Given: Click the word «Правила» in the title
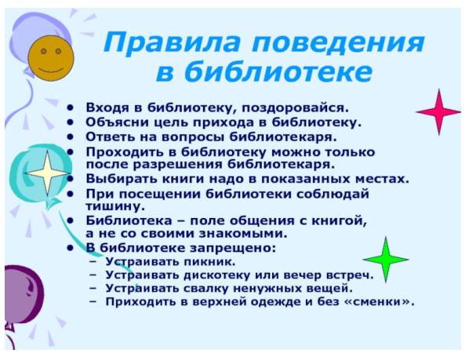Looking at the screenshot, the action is tap(172, 43).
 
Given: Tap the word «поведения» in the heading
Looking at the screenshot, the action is tap(338, 42).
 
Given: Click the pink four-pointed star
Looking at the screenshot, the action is tap(438, 112).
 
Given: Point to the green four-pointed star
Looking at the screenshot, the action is tap(386, 260).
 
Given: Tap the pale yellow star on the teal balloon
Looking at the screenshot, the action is tap(48, 173).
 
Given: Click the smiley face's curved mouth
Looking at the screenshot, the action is tap(51, 71).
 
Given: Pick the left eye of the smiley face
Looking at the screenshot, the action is tap(44, 51).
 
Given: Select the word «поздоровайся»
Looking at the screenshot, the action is tap(294, 108).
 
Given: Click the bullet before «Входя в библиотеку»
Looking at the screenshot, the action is tap(71, 108).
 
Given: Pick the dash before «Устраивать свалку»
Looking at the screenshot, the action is tap(93, 289).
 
